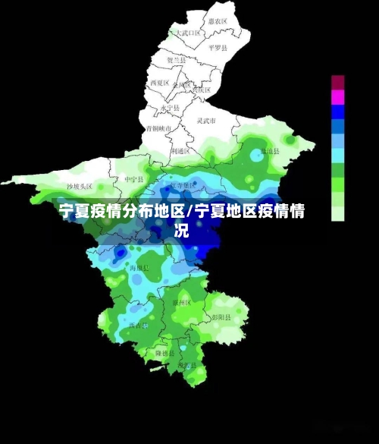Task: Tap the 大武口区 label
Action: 187,33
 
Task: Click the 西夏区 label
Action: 158,82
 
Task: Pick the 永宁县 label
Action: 171,108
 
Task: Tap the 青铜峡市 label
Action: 159,129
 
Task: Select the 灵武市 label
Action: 207,121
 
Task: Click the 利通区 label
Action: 180,151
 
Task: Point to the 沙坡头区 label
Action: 79,186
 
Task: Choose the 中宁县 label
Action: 133,179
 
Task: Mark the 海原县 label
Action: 139,268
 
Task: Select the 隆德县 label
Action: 166,354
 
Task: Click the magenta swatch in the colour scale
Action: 337,97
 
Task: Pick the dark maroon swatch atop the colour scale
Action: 337,82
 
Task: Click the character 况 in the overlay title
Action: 182,230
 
